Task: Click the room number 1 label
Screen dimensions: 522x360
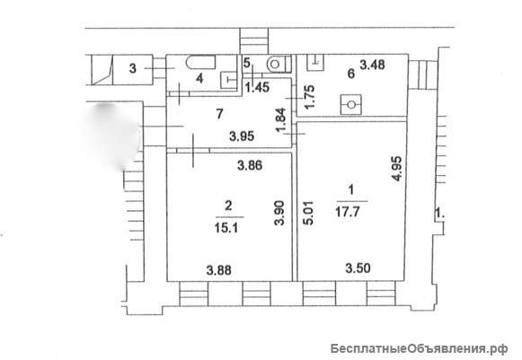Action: click(x=350, y=190)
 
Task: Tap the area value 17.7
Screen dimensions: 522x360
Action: click(x=348, y=212)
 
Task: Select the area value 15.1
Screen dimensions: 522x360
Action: click(x=227, y=228)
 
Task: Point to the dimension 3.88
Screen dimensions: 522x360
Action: click(x=218, y=270)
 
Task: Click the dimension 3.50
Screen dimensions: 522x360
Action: click(x=358, y=268)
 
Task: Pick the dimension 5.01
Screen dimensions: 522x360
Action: click(x=309, y=213)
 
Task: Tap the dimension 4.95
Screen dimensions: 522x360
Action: click(x=397, y=169)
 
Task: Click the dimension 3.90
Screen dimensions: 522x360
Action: click(x=280, y=214)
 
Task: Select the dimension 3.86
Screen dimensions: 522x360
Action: click(x=250, y=165)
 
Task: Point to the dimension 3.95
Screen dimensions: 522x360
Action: click(x=242, y=136)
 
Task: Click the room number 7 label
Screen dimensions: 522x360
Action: click(x=219, y=114)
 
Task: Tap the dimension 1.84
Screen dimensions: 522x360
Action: click(x=281, y=119)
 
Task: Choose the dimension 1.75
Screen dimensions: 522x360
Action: click(x=310, y=97)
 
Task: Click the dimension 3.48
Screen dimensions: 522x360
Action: click(x=373, y=65)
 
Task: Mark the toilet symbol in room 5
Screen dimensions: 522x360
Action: click(x=279, y=64)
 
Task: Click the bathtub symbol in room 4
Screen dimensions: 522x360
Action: click(x=200, y=62)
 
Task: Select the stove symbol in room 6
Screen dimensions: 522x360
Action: click(x=351, y=105)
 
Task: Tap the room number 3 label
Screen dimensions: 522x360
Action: click(x=133, y=69)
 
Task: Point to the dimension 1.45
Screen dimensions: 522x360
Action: click(x=257, y=88)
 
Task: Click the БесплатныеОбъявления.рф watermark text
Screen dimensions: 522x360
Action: click(x=420, y=349)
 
